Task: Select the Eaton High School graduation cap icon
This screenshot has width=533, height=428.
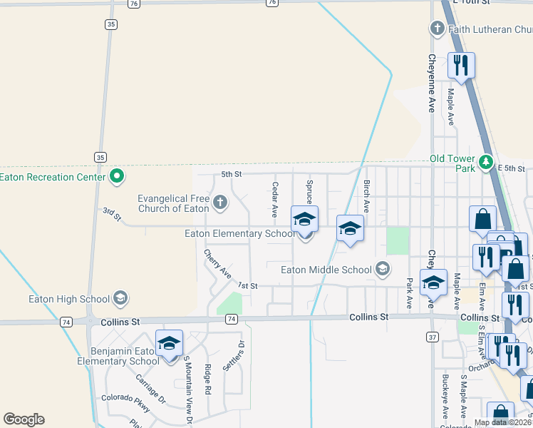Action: click(120, 298)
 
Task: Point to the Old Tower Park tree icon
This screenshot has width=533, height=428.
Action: click(486, 163)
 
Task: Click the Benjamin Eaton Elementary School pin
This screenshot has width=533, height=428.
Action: click(170, 344)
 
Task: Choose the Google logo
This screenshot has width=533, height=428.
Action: click(24, 419)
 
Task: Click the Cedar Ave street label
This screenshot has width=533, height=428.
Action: click(274, 199)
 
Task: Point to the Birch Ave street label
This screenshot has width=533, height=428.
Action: click(366, 196)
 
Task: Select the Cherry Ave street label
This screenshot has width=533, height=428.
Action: click(217, 263)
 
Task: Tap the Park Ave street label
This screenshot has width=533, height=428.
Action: click(410, 292)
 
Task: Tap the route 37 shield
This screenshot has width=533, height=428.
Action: click(433, 336)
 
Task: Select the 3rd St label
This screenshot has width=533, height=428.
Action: click(110, 212)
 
